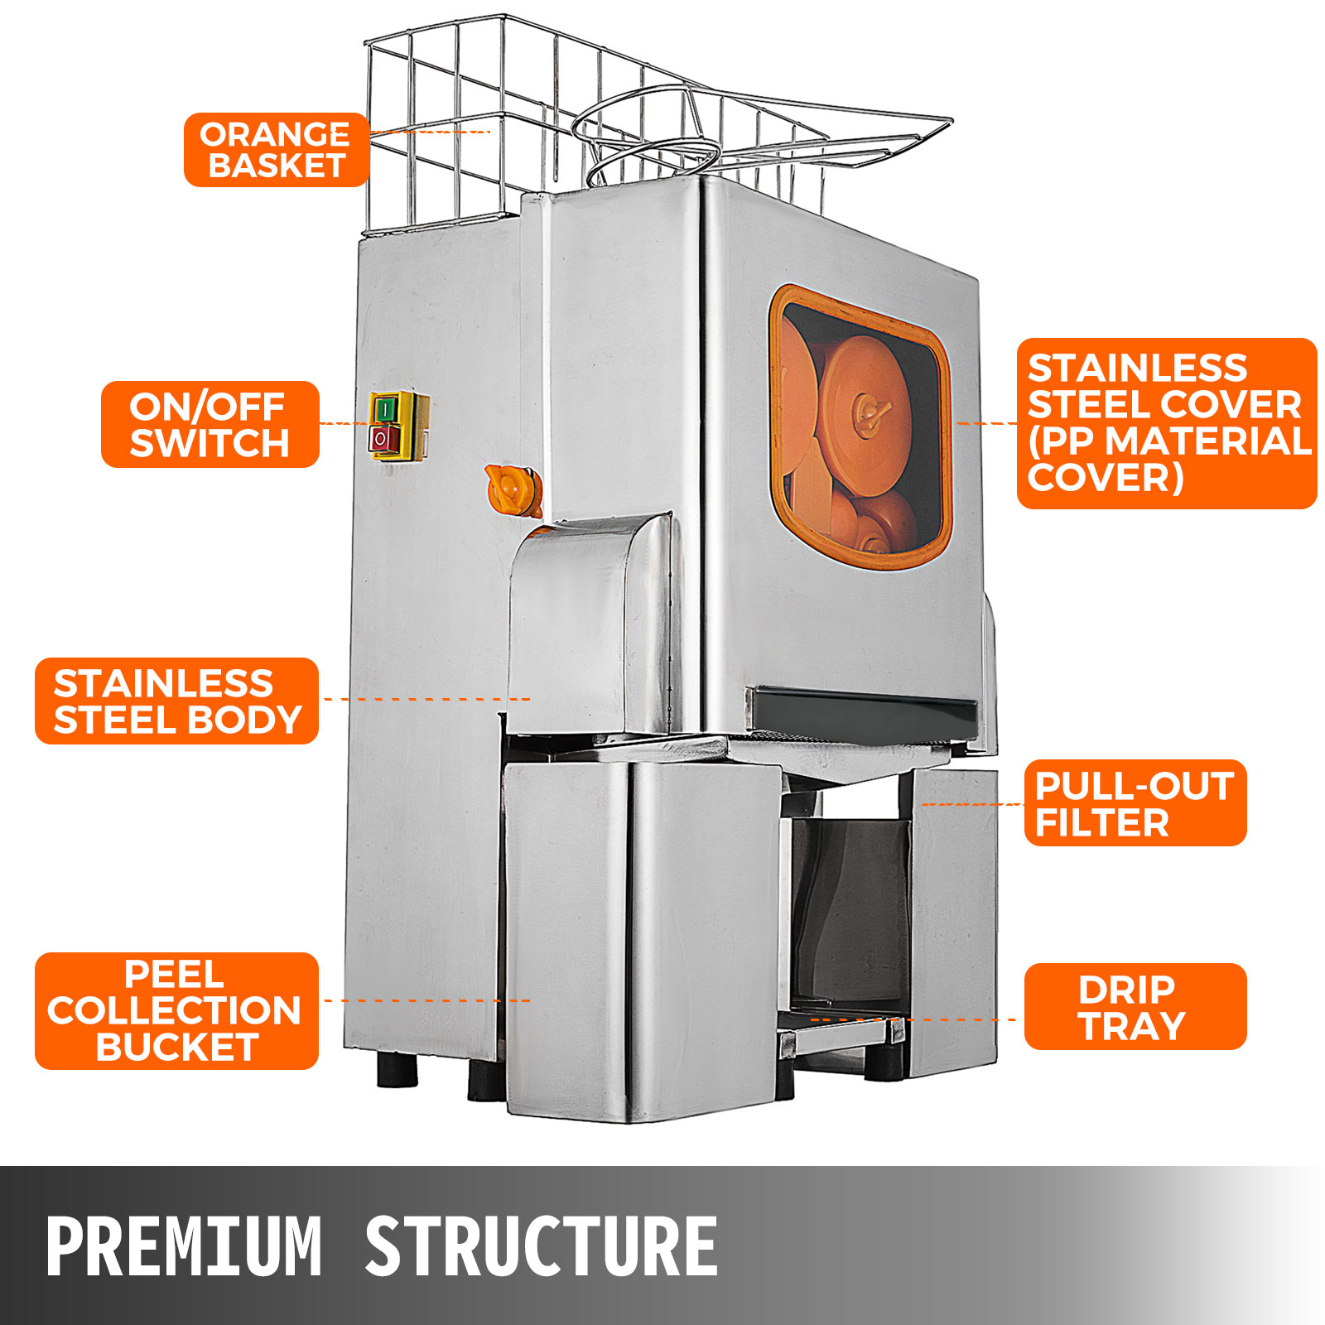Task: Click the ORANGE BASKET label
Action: click(x=277, y=150)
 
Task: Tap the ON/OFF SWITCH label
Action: click(x=210, y=424)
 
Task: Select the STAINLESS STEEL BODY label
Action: click(x=176, y=701)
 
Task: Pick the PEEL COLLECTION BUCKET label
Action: click(x=176, y=1010)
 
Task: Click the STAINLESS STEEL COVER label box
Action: click(x=1167, y=423)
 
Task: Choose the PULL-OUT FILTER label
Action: click(x=1135, y=802)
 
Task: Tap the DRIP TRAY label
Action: click(x=1135, y=1006)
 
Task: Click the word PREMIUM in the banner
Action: click(x=184, y=1245)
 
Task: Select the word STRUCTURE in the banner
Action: click(x=542, y=1245)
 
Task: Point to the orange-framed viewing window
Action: click(x=860, y=427)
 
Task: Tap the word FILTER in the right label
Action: click(x=1102, y=822)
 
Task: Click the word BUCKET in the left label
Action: click(x=177, y=1047)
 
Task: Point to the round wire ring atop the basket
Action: click(x=646, y=133)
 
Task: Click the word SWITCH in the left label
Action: click(x=210, y=443)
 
